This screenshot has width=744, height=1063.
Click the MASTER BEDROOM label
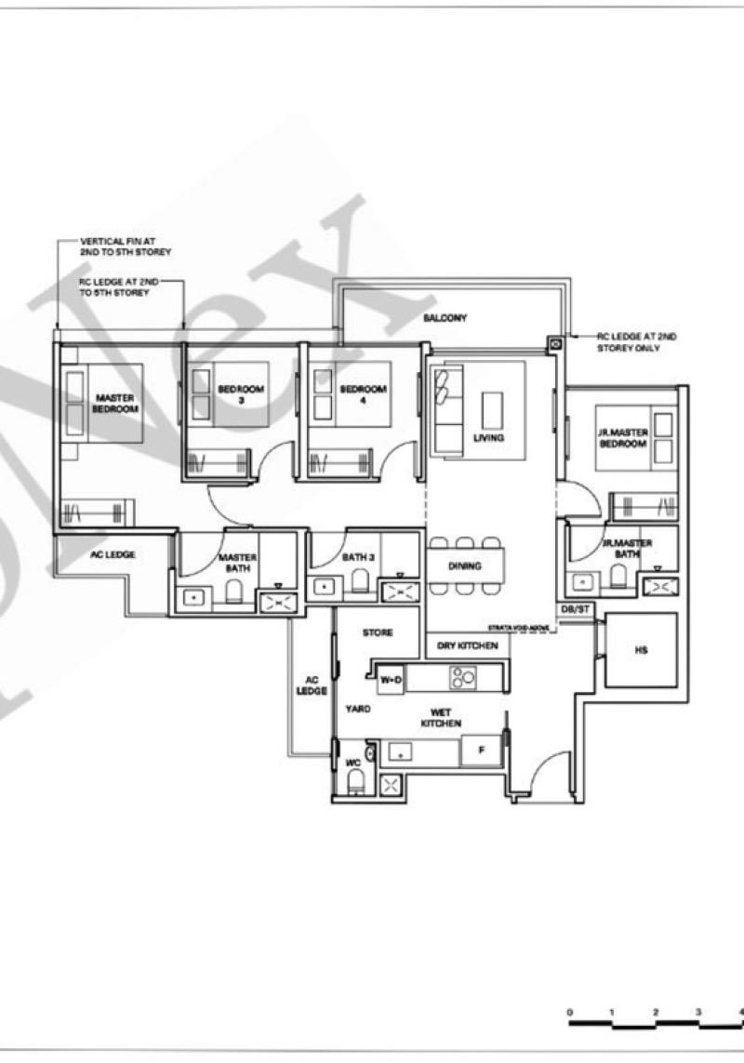point(115,404)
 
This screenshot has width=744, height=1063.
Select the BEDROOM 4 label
point(363,394)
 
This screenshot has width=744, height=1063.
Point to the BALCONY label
point(445,318)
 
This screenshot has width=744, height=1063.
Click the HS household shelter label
point(641,651)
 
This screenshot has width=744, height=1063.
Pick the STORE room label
point(379,632)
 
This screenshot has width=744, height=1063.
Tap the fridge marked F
point(481,750)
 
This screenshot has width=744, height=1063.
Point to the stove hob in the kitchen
point(462,677)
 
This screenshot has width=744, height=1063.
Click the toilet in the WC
point(353,785)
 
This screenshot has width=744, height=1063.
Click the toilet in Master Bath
point(234,591)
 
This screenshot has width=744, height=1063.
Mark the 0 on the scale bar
point(569,1012)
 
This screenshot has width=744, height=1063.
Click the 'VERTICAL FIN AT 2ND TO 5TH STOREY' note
point(126,246)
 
